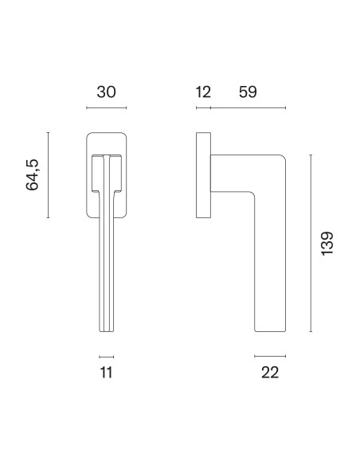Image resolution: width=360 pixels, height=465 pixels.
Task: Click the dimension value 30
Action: [106, 92]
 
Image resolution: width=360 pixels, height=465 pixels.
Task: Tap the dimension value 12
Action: [203, 92]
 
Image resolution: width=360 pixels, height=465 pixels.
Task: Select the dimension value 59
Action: [248, 92]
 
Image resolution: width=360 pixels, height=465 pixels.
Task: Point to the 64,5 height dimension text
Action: [33, 175]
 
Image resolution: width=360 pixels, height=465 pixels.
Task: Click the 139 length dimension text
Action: [327, 243]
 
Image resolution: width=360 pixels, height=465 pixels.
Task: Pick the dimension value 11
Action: [107, 373]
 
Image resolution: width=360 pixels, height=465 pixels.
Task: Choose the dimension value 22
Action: [270, 373]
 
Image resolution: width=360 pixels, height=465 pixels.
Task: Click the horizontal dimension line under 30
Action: [107, 107]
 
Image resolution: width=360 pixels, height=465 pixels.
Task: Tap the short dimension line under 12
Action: [203, 107]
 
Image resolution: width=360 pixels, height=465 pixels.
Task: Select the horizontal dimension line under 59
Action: [248, 107]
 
